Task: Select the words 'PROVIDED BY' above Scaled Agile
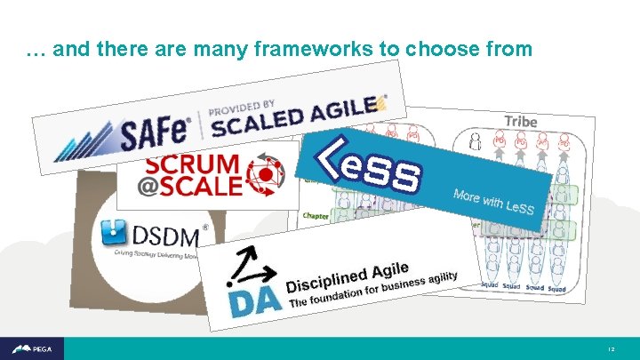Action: tap(243, 105)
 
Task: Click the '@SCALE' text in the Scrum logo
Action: tap(190, 186)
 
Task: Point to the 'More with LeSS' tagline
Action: tap(492, 202)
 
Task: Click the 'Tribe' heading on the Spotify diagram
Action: tap(520, 121)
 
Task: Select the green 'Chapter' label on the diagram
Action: tap(316, 215)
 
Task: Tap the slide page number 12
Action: tap(612, 349)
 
